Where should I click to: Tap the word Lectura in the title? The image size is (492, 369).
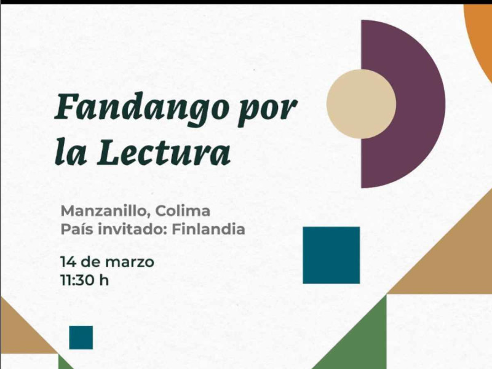[x=164, y=151]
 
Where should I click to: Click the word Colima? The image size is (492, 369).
[x=183, y=210]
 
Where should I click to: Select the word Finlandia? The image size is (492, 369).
[x=208, y=229]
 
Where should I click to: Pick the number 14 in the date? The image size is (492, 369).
[x=68, y=262]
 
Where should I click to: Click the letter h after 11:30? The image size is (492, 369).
[x=104, y=280]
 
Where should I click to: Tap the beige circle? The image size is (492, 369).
[x=361, y=104]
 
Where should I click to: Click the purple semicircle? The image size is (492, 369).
[x=418, y=104]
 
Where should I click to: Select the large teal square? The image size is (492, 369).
[x=331, y=255]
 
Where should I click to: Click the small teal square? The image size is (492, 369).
[x=81, y=338]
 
